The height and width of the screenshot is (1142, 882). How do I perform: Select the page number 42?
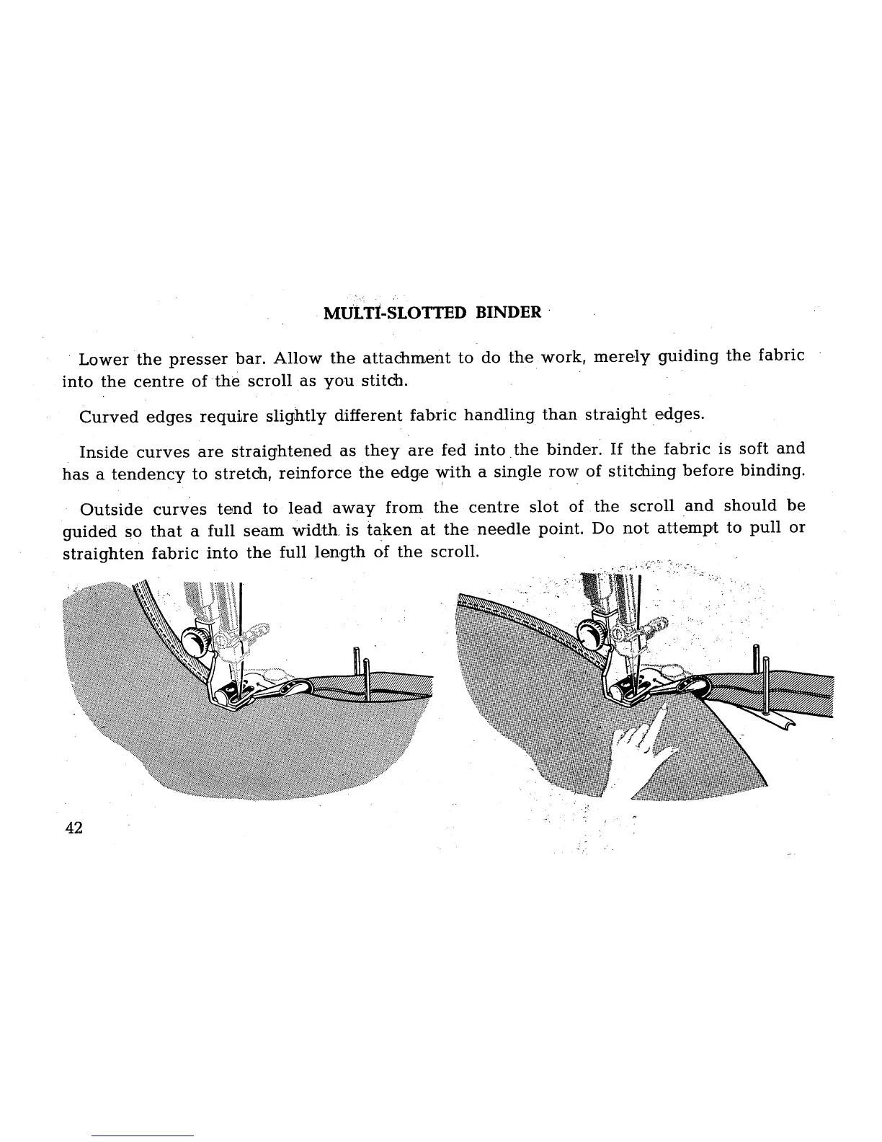[73, 828]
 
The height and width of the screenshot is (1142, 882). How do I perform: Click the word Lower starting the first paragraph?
[103, 358]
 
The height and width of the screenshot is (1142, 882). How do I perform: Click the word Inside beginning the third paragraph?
[104, 452]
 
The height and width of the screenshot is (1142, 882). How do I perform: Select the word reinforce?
[315, 472]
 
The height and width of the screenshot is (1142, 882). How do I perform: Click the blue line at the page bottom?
[143, 1136]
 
